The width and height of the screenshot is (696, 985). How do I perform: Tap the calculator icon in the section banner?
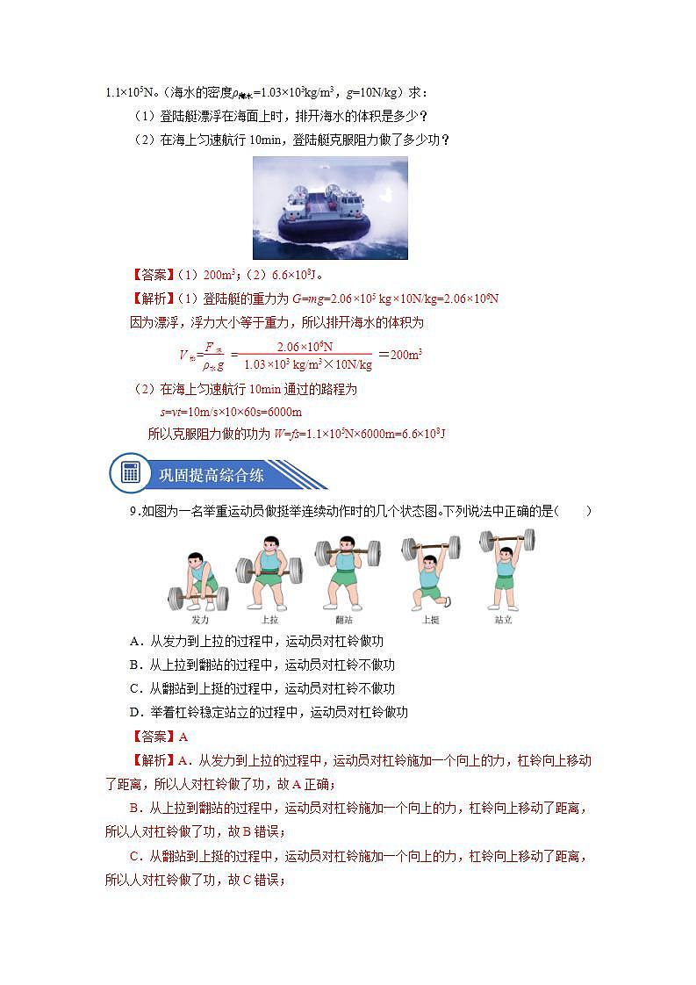coord(131,473)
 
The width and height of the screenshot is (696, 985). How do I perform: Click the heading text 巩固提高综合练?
coord(211,475)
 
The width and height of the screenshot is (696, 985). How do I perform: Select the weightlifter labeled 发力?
coord(198,579)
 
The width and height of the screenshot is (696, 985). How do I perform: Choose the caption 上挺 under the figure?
coord(430,619)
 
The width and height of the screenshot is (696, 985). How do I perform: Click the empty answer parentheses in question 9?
coord(573,512)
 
